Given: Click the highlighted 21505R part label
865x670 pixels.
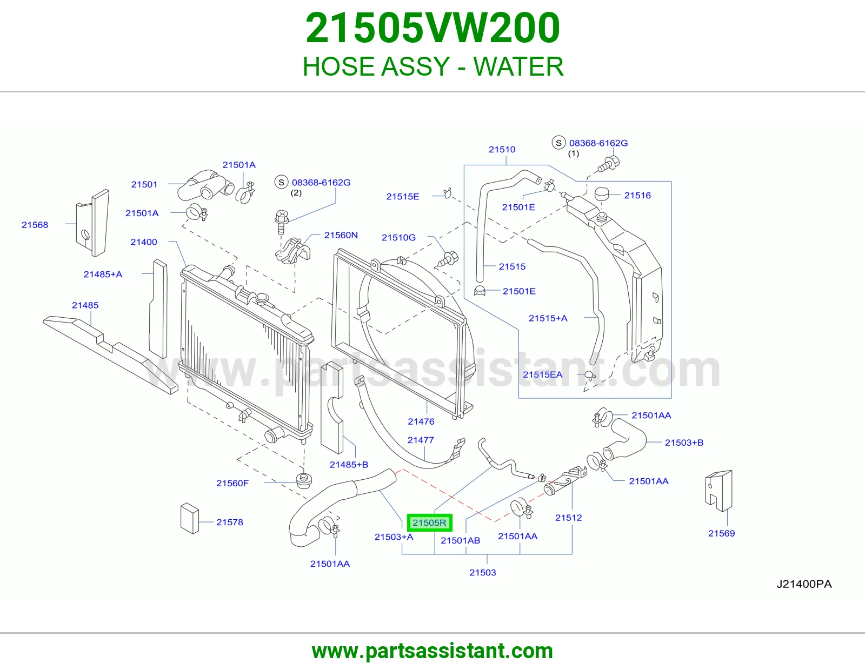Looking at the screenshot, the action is (429, 522).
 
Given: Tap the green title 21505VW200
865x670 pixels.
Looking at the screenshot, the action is (432, 28).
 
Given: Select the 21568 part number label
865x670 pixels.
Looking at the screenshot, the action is (35, 225).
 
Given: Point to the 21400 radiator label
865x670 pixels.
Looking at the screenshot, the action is (144, 242).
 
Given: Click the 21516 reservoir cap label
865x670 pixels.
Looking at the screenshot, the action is (637, 196).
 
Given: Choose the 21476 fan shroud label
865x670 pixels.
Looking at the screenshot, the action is (421, 421).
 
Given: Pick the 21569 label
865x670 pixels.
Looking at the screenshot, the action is (721, 533).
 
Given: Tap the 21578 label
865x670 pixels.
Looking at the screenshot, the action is (230, 522).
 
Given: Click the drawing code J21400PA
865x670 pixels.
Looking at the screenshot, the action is (804, 584).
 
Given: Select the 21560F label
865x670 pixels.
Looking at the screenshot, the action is (232, 483).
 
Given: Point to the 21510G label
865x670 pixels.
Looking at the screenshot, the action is (398, 238).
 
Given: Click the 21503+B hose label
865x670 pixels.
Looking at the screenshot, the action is (684, 443).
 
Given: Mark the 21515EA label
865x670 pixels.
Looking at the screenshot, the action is (543, 374).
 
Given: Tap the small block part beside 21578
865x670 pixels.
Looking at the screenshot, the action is (189, 518).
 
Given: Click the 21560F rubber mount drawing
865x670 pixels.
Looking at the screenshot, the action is (304, 481).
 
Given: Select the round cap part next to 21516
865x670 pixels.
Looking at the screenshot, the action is (602, 195).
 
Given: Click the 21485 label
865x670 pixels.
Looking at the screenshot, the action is (85, 305).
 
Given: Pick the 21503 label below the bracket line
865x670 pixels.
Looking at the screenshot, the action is (482, 573).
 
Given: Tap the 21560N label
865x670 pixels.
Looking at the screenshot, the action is (341, 235).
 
